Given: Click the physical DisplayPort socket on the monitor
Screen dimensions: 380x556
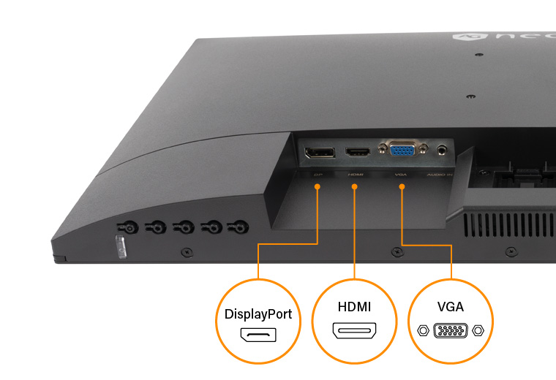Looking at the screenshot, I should click(x=320, y=153).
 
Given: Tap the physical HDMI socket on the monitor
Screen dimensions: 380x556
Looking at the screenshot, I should click(x=358, y=153).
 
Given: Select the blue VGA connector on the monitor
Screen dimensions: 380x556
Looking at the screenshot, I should click(x=400, y=151).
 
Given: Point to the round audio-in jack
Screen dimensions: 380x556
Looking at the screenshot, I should click(x=441, y=151).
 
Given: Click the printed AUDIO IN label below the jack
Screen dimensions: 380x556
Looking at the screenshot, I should click(x=440, y=175).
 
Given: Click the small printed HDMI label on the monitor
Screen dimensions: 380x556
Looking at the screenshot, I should click(x=356, y=175).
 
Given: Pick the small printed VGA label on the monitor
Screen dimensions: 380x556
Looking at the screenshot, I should click(x=400, y=175).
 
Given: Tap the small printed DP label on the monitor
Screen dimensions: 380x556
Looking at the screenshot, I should click(x=318, y=175).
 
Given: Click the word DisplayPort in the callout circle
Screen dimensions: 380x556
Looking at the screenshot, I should click(x=258, y=314).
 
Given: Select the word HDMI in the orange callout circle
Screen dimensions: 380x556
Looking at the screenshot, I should click(x=355, y=307).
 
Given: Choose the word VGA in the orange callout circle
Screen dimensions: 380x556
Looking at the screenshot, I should click(x=451, y=307).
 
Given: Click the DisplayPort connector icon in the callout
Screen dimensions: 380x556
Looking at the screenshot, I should click(x=258, y=336).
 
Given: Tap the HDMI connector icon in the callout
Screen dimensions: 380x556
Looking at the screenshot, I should click(x=355, y=330).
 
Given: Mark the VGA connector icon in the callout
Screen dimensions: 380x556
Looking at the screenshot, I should click(x=451, y=330).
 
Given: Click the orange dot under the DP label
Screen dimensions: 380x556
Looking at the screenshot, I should click(x=318, y=188).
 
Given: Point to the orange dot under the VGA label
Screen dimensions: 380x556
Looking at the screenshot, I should click(x=402, y=188).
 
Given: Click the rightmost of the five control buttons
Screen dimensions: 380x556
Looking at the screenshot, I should click(x=237, y=227).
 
